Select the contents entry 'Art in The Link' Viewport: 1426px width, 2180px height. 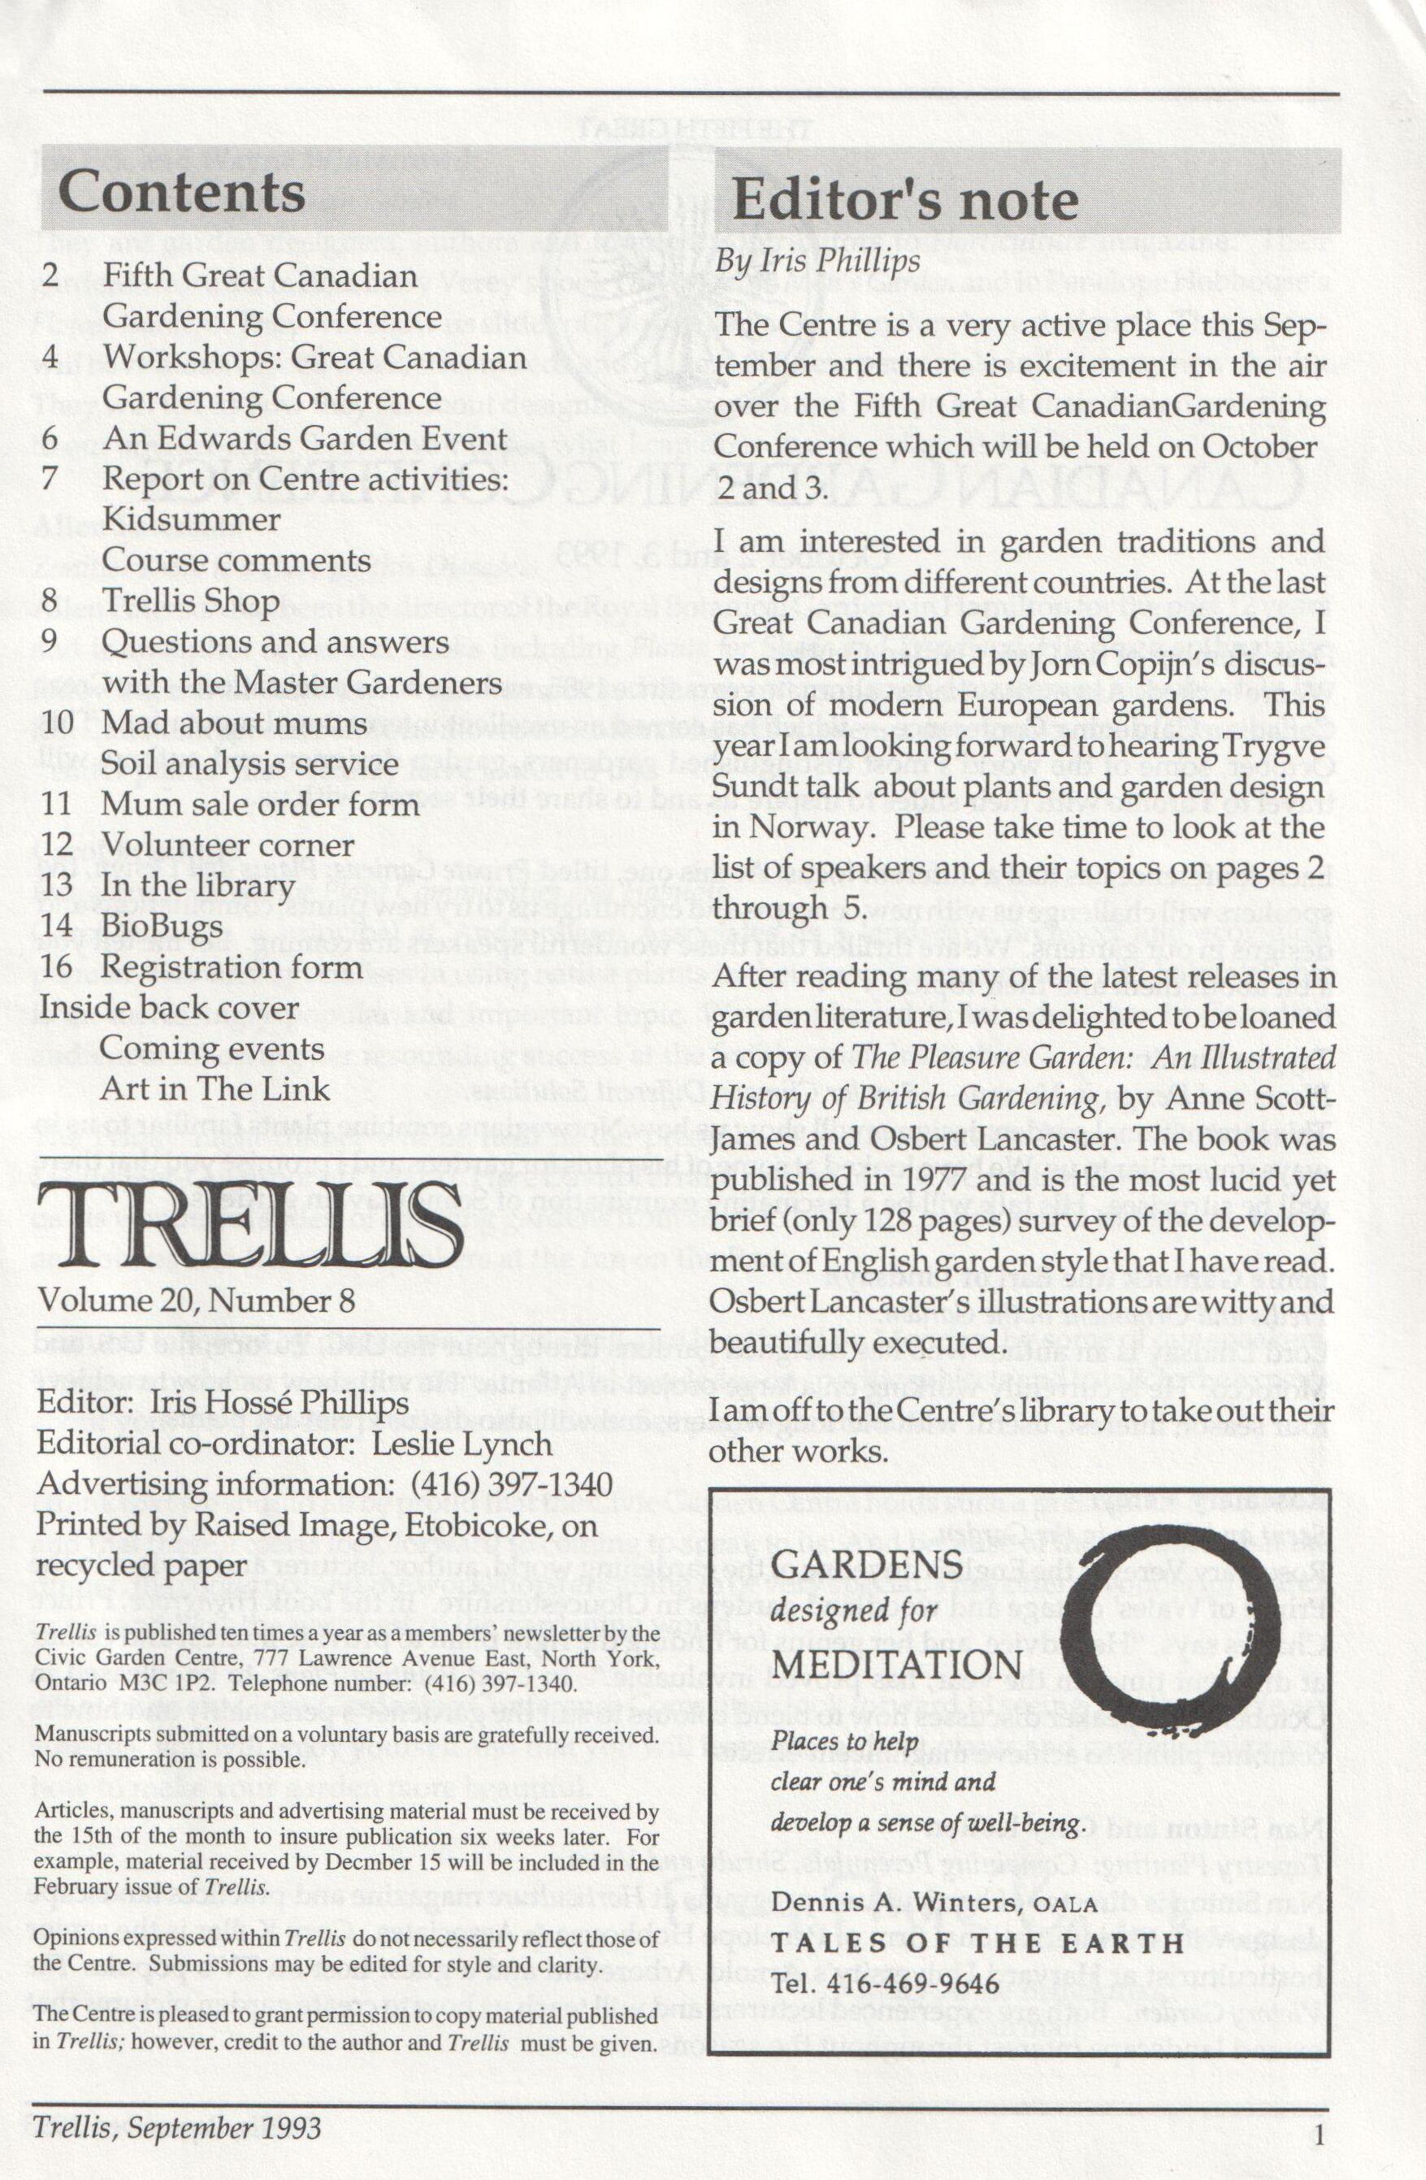215,1088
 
